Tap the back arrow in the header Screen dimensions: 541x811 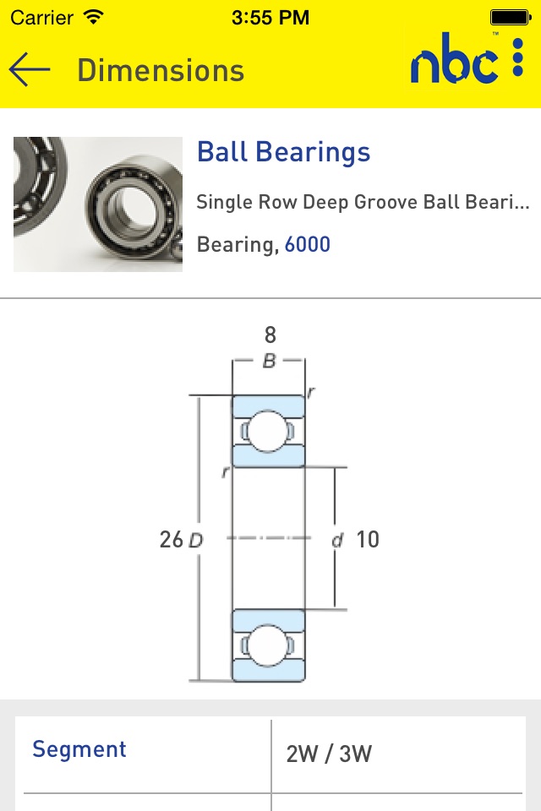click(x=30, y=69)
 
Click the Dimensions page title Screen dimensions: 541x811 click(x=161, y=70)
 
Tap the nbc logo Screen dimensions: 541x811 click(x=454, y=58)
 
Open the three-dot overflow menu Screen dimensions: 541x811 click(x=517, y=57)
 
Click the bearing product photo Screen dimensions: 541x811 click(x=98, y=204)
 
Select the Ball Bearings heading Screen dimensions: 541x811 click(x=284, y=152)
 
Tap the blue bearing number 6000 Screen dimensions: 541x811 click(x=308, y=244)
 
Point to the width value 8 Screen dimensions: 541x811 click(x=270, y=335)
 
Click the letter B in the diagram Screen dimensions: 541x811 click(x=269, y=361)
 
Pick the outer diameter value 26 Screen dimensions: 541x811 click(x=172, y=540)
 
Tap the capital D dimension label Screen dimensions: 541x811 click(x=196, y=541)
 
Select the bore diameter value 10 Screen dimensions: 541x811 click(x=368, y=540)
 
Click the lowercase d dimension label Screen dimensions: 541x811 click(x=337, y=541)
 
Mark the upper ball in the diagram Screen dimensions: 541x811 click(x=268, y=431)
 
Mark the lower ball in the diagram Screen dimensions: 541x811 click(x=268, y=645)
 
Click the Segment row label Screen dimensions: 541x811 click(x=79, y=749)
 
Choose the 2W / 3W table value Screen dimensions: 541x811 click(x=329, y=754)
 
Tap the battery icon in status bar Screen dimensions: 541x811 click(x=511, y=18)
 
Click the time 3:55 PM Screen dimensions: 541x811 click(x=270, y=18)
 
